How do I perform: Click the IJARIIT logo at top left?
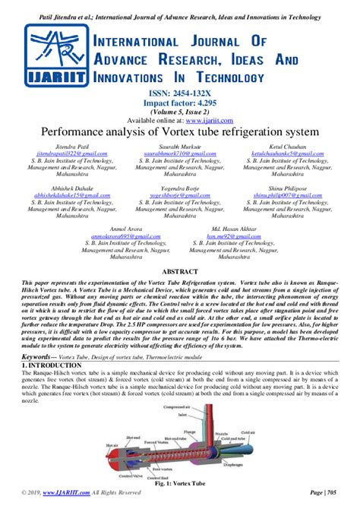[x=55, y=55]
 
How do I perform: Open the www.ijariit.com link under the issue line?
[x=205, y=120]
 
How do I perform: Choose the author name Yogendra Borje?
[x=181, y=187]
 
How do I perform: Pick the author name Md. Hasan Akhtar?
[x=239, y=228]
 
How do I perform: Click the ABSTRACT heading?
[x=180, y=270]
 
